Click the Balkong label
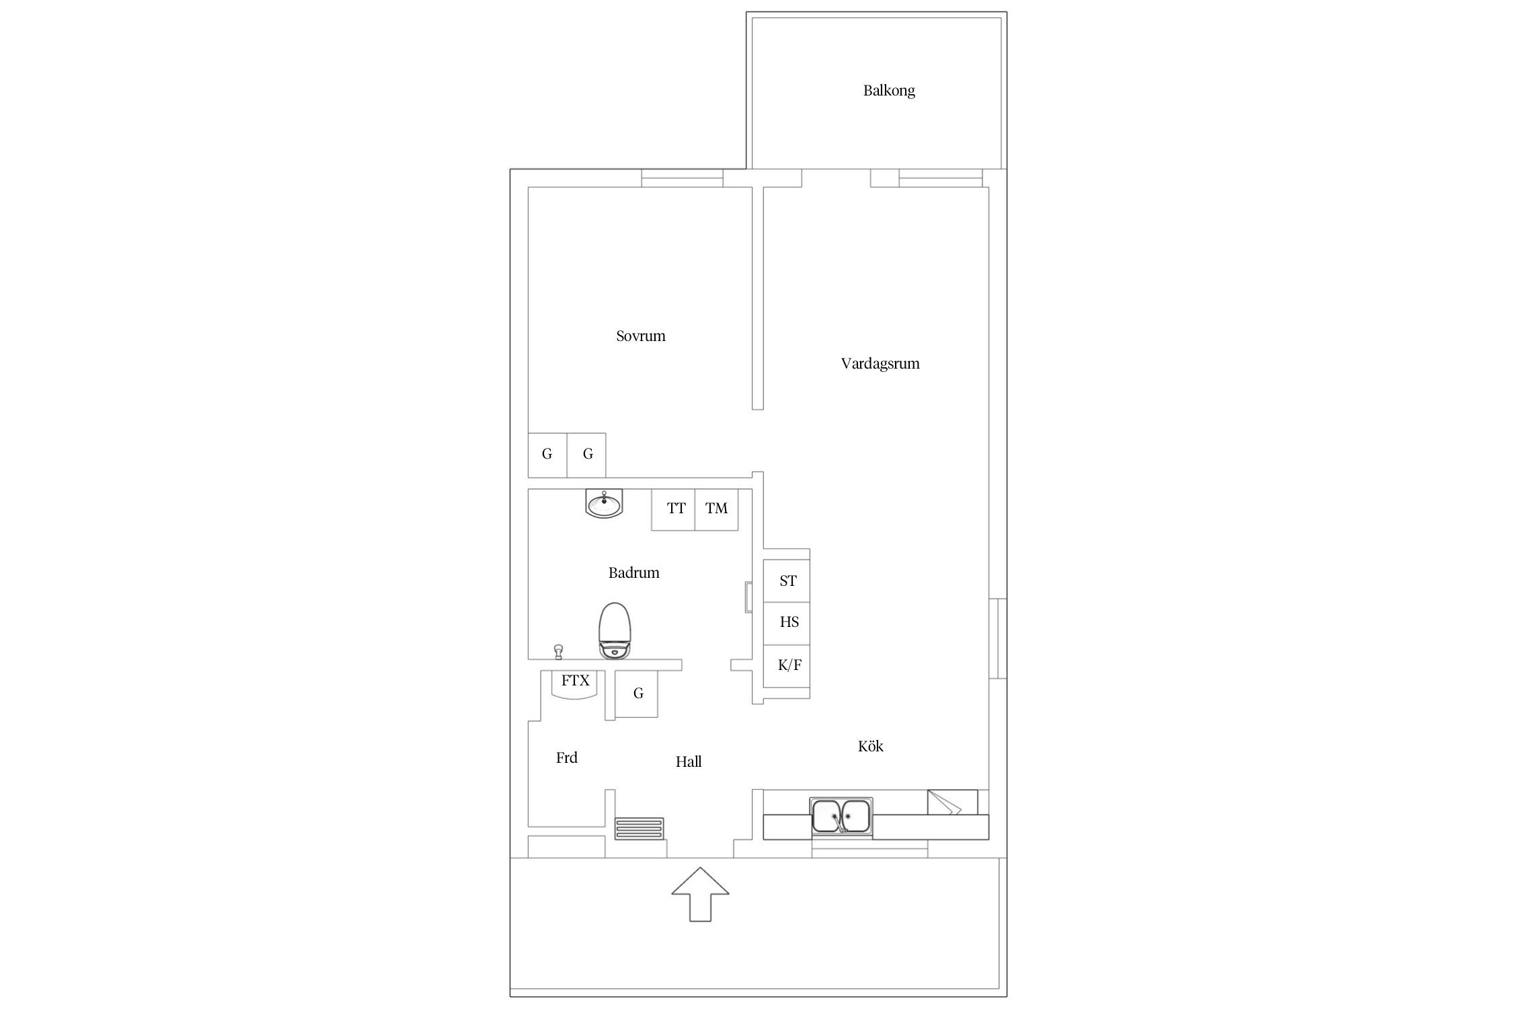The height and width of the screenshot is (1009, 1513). coord(889,91)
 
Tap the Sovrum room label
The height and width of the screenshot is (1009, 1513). coord(641,336)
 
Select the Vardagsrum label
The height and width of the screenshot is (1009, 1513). coord(880,364)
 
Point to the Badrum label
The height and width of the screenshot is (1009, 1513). coord(634,572)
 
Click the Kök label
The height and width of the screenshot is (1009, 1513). coord(871,745)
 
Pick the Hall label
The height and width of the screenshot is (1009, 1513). coord(689,761)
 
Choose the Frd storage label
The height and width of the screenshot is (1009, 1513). coord(567,757)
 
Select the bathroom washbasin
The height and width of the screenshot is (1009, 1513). coord(605,504)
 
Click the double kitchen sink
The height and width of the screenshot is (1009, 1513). coord(841,816)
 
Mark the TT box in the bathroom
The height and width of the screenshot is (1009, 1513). coord(673,509)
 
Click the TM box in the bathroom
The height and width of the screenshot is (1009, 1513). coord(717,509)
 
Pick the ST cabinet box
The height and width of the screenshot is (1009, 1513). coord(787,581)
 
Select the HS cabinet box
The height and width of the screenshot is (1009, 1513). coord(787,624)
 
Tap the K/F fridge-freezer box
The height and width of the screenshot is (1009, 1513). coord(787,666)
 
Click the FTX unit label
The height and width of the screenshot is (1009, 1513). coord(576,681)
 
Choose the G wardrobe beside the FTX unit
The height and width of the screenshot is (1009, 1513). coord(637,694)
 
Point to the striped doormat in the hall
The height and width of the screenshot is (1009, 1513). coord(639,828)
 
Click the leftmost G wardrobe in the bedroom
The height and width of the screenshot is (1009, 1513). coord(547,455)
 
